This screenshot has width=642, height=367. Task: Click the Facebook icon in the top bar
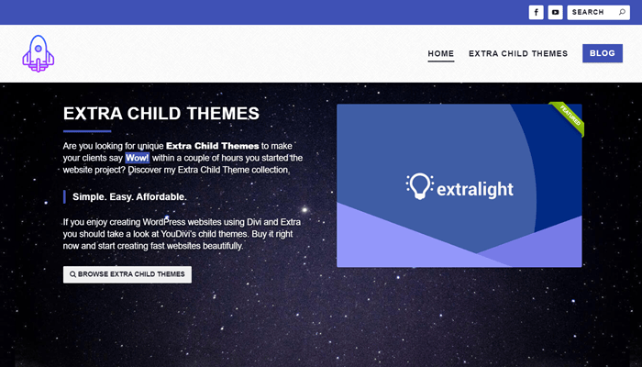(x=536, y=12)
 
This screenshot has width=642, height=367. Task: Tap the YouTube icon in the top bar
(x=555, y=12)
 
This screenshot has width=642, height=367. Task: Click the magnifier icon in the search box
(x=622, y=12)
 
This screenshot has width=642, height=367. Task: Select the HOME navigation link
(x=441, y=53)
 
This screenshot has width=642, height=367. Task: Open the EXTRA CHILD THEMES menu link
(x=518, y=53)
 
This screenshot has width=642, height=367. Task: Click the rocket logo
(x=39, y=53)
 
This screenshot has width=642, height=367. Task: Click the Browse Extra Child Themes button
(x=127, y=274)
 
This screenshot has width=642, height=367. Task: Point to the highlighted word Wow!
(x=138, y=158)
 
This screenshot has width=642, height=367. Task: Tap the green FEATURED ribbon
(x=569, y=118)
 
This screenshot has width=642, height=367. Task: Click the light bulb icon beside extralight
(x=419, y=186)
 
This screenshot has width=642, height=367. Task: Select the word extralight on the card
(x=475, y=189)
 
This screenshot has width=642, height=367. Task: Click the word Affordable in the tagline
(x=161, y=197)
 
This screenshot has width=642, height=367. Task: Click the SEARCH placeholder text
(x=588, y=12)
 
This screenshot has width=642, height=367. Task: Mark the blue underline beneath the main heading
(x=87, y=131)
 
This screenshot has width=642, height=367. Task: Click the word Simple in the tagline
(x=85, y=197)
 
